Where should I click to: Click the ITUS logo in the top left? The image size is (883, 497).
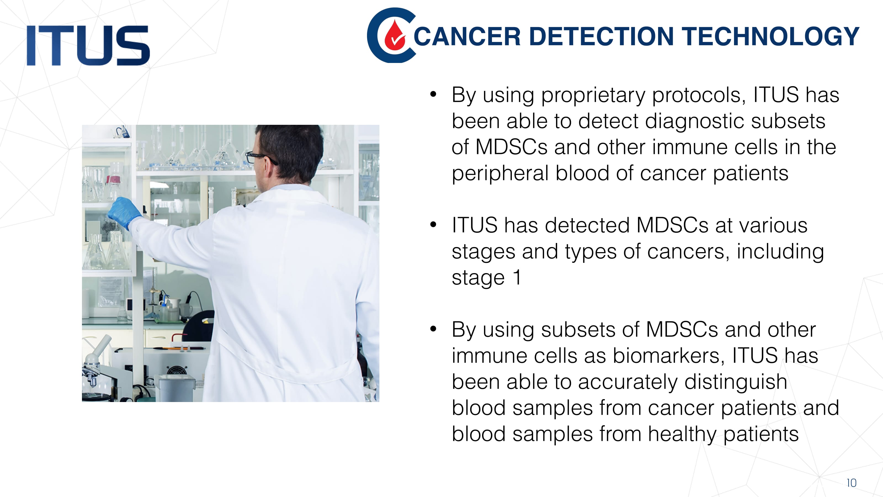click(88, 45)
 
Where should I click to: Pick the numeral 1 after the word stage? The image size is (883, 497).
click(517, 277)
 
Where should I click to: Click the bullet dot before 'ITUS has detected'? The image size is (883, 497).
click(433, 225)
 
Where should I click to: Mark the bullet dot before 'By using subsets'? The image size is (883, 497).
click(433, 329)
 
